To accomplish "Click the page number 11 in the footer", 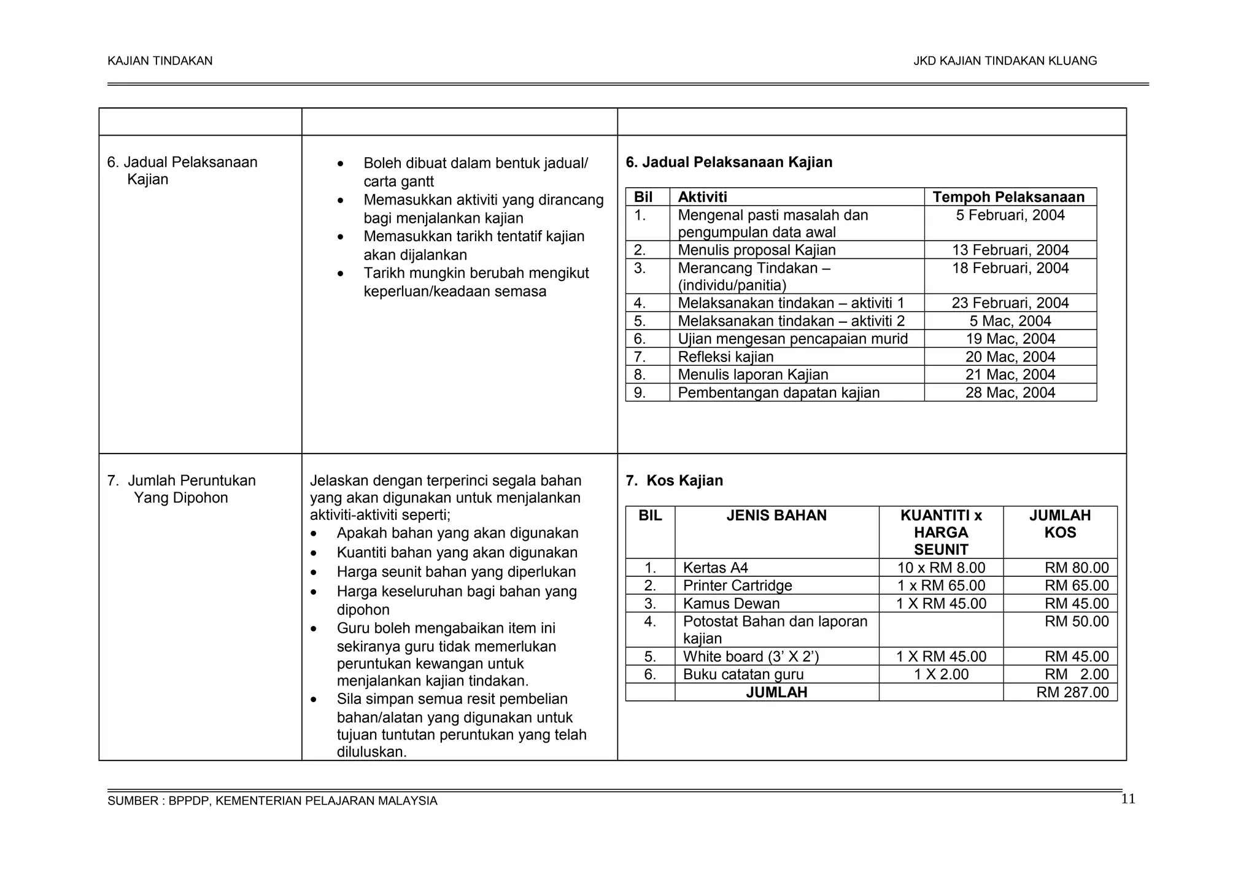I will click(1127, 799).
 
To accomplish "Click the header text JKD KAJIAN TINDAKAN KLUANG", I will click(1005, 61).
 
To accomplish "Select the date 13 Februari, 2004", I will click(1010, 250).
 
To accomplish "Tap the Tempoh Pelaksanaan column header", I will click(1008, 197).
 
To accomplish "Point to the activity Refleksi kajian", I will click(725, 357).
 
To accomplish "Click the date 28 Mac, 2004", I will click(1010, 393).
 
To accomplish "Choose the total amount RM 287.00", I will click(1072, 692).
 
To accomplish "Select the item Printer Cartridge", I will click(737, 585).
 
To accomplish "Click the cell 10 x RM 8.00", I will click(941, 568).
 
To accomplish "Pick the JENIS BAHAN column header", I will click(776, 515).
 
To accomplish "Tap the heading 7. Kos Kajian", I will click(674, 481).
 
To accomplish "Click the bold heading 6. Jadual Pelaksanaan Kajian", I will click(729, 163).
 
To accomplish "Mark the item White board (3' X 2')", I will click(751, 657).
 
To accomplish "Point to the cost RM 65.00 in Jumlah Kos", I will click(1077, 585).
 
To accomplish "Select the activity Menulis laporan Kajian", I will click(752, 375).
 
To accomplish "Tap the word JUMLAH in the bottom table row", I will click(776, 692).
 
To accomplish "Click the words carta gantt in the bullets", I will click(398, 182).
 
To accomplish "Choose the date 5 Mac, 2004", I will click(1010, 321).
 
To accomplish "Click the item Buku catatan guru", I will click(743, 674).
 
